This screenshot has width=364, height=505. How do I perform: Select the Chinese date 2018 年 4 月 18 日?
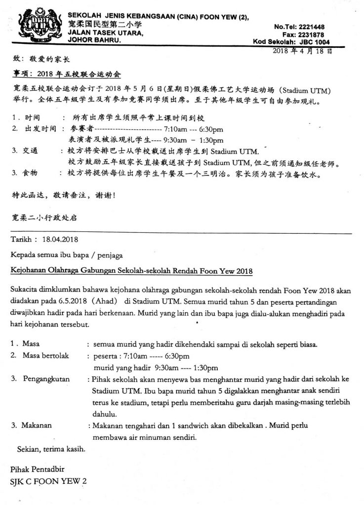pos(302,51)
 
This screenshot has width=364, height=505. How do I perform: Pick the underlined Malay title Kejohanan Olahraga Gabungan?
pos(131,271)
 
